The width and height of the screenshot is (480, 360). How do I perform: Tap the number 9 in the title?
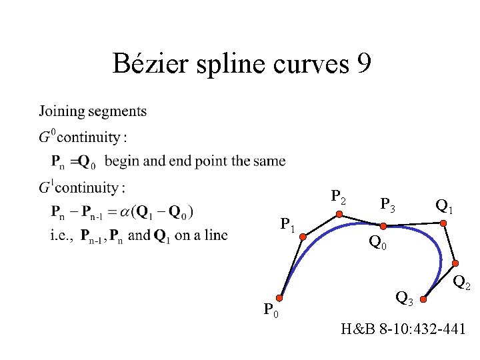(363, 65)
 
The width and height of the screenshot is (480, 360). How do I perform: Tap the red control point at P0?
(281, 299)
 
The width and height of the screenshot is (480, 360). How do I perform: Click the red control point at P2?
(339, 215)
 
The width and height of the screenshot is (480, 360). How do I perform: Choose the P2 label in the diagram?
(339, 197)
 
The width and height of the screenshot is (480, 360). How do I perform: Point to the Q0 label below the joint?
(377, 245)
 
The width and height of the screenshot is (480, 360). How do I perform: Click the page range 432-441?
(439, 329)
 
